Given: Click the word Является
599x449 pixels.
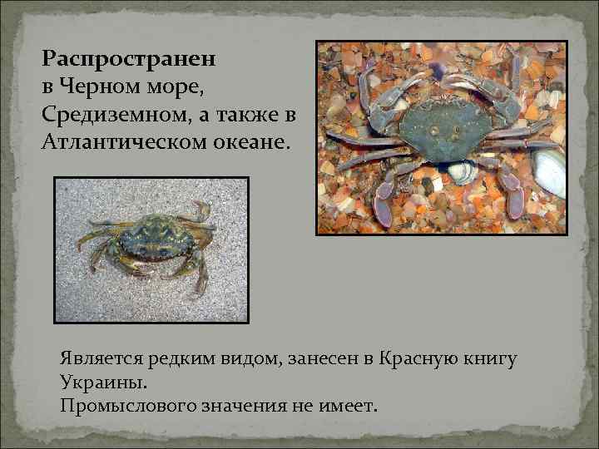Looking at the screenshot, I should pos(101,359).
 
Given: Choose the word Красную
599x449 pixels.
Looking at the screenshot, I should pos(418,359).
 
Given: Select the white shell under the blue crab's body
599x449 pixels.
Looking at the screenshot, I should pos(462,170).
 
